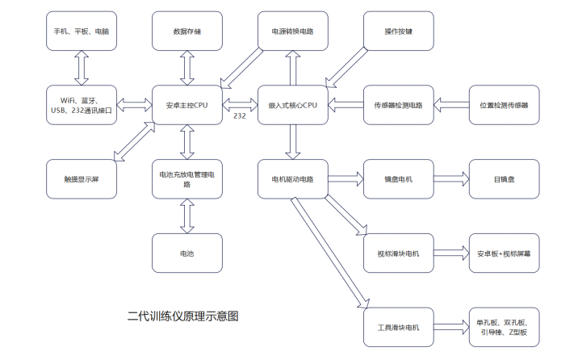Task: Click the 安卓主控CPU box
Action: (x=187, y=105)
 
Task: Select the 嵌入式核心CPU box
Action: (x=292, y=105)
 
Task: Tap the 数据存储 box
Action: (x=187, y=31)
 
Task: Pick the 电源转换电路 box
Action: (x=292, y=31)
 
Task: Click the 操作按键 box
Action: (x=398, y=31)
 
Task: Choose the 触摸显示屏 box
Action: (x=82, y=178)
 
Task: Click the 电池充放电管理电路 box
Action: (x=187, y=179)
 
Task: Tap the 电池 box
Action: (x=187, y=253)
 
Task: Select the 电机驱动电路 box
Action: (x=292, y=179)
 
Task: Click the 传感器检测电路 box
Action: (x=398, y=105)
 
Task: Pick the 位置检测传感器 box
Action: (x=504, y=105)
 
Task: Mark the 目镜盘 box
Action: (x=504, y=179)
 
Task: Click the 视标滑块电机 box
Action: (x=398, y=253)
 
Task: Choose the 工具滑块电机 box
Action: (x=398, y=327)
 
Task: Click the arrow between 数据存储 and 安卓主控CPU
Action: (x=187, y=69)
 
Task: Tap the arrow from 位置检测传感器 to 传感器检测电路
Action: (x=450, y=105)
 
